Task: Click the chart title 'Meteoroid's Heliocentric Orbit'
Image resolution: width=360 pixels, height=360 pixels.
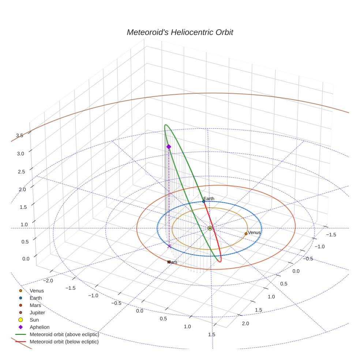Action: click(180, 32)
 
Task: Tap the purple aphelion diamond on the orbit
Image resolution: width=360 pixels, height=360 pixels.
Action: click(169, 147)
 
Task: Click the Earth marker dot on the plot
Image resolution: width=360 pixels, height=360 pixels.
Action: click(204, 201)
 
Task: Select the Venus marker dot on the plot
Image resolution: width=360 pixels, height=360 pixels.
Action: click(246, 233)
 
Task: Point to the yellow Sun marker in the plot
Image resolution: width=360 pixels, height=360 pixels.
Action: click(210, 228)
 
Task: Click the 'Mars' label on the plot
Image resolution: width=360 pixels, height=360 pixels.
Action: click(172, 262)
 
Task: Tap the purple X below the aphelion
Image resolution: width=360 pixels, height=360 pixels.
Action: click(169, 246)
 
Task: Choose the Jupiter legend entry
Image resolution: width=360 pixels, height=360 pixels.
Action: click(37, 312)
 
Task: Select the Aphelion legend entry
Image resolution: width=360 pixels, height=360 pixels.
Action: click(40, 327)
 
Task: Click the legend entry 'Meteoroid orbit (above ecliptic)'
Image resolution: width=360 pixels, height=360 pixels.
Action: click(64, 334)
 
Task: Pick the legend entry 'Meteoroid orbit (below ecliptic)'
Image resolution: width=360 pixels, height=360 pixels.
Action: click(64, 342)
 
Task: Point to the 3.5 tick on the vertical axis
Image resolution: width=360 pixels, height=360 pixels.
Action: click(20, 135)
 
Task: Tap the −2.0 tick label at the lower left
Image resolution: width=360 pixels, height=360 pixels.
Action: click(48, 281)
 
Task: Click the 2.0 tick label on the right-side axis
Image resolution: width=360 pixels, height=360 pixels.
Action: click(245, 323)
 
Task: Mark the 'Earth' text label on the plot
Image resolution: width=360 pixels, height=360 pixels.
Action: click(209, 199)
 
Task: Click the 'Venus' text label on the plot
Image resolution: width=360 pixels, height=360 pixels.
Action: click(254, 232)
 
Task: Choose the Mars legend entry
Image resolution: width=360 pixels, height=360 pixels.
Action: click(35, 305)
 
